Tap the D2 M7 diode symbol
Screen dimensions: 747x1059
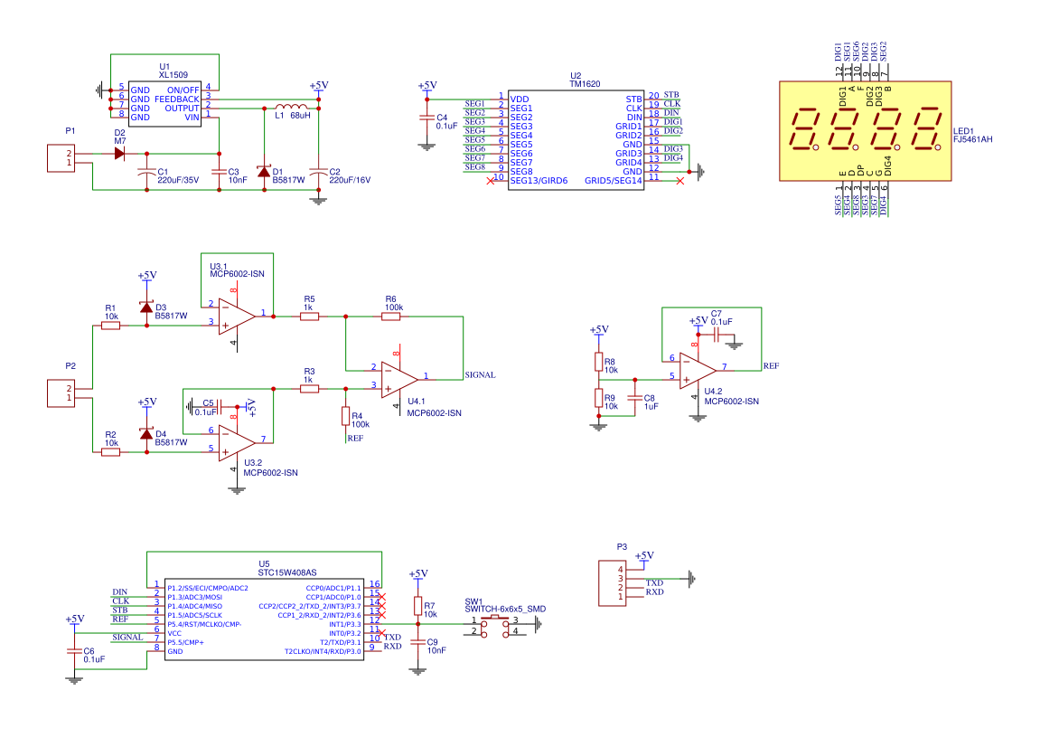click(119, 154)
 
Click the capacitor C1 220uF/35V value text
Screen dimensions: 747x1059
click(178, 180)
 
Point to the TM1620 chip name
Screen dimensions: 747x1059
click(585, 83)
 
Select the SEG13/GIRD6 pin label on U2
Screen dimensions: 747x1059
click(539, 181)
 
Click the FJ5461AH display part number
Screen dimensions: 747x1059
click(973, 140)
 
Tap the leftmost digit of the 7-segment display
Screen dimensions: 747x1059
click(804, 129)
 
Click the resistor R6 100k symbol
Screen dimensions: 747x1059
click(390, 317)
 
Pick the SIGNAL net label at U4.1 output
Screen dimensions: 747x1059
click(479, 374)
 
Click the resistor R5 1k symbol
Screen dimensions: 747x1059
click(309, 317)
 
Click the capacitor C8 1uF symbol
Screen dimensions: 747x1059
click(635, 398)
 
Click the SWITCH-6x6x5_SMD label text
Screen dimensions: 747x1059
click(505, 609)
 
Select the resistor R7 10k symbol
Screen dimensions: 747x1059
click(417, 605)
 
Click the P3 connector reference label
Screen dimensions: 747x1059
click(622, 546)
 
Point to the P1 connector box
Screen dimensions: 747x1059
click(61, 158)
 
